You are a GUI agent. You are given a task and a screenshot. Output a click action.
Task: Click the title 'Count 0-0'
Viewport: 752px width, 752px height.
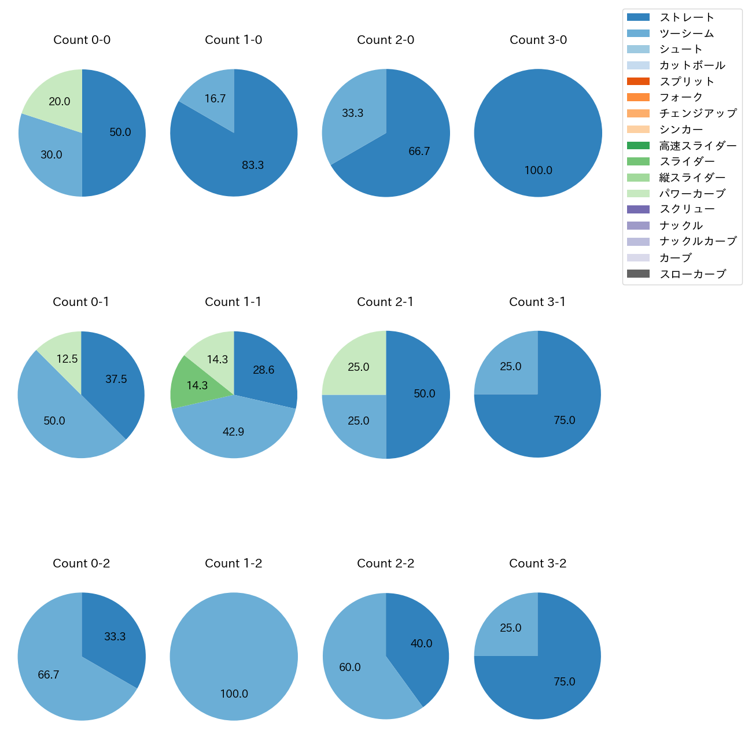[82, 40]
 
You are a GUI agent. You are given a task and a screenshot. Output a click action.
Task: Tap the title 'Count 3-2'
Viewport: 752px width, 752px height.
[537, 563]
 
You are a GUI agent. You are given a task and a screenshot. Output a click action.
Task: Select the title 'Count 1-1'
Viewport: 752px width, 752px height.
[233, 302]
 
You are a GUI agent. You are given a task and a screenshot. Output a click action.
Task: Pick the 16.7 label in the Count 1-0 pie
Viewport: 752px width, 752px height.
[215, 99]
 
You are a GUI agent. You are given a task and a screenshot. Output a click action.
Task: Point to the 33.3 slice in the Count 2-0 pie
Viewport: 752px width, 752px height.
[353, 116]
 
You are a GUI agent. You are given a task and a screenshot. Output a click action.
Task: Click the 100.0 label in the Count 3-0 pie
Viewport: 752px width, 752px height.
[538, 171]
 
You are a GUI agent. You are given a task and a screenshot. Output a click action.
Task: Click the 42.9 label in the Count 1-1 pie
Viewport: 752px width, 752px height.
[233, 432]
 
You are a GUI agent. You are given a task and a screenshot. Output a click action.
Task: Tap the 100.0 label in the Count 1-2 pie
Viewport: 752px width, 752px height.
[234, 694]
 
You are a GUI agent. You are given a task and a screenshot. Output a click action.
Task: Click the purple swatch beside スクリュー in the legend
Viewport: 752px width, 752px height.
[638, 209]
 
